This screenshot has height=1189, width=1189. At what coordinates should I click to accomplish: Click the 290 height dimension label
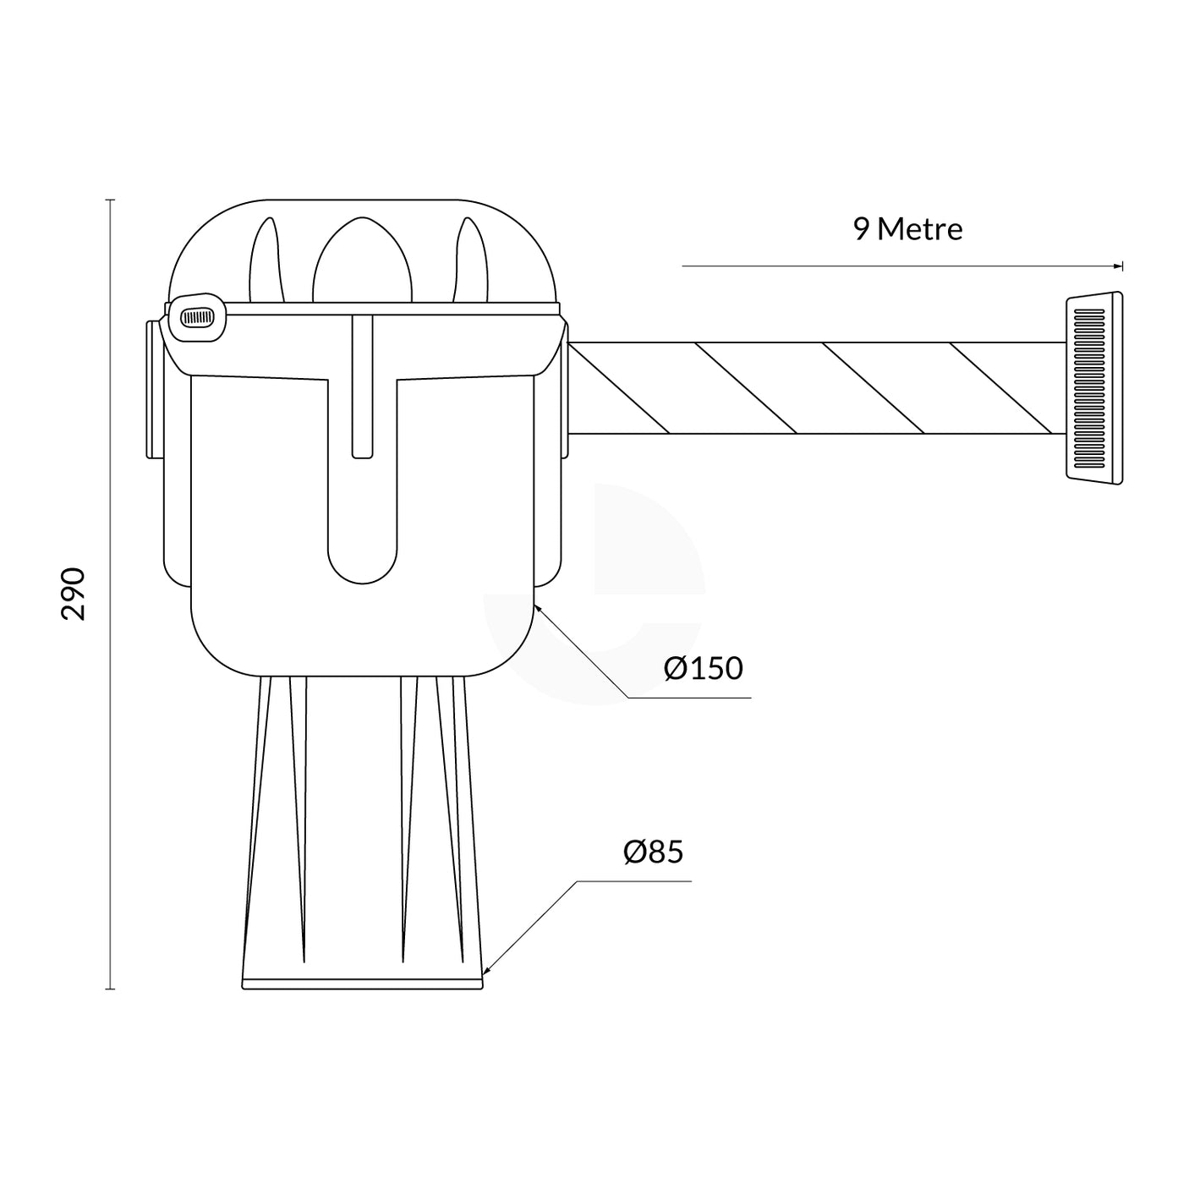pos(74,594)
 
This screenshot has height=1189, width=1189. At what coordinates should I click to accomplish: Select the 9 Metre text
pos(907,229)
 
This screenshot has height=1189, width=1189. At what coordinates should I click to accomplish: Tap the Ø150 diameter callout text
pos(703,668)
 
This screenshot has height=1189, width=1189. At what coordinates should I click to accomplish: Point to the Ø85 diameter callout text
pos(653,852)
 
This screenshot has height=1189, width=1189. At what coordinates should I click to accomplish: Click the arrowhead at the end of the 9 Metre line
pos(1120,266)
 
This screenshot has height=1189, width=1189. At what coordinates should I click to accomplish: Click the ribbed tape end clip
pos(1094,388)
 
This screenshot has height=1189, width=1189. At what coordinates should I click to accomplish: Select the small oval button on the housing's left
pos(195,318)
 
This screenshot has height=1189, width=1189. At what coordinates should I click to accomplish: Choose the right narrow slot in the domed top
pos(470,262)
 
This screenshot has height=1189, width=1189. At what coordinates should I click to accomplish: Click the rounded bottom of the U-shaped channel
pos(362,567)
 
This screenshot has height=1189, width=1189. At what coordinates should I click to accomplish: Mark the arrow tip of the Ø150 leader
pos(536,605)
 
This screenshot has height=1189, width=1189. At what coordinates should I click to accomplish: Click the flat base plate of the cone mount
pos(362,984)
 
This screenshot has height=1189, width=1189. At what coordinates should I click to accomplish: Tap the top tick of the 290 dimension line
pos(110,200)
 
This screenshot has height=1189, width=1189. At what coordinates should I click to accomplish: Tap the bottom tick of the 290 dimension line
pos(110,989)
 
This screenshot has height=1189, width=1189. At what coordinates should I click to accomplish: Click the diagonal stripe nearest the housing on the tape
pos(619,388)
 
